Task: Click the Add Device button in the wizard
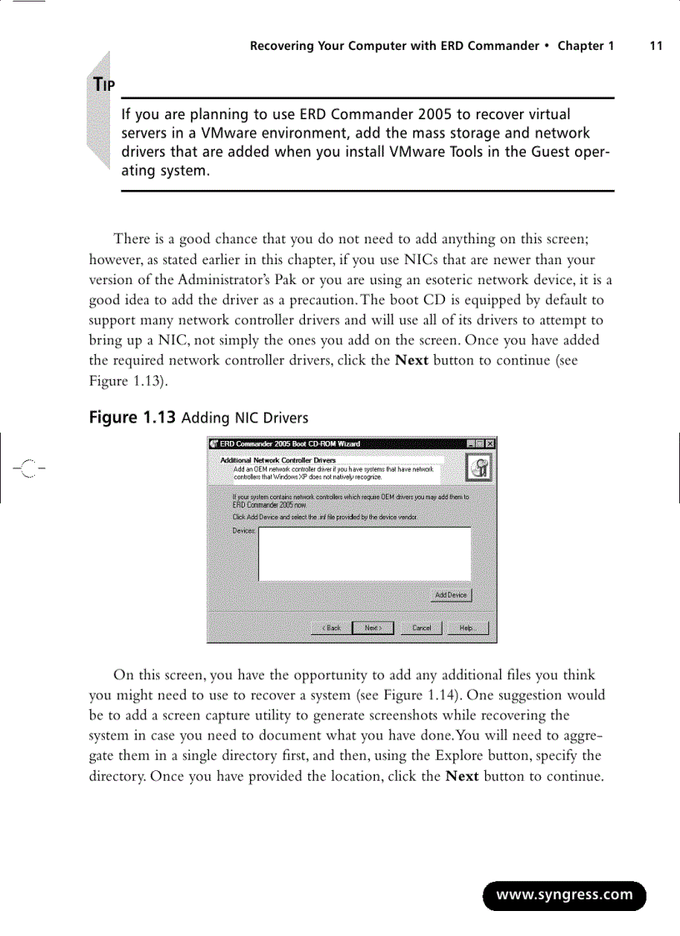(452, 595)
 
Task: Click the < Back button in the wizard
(331, 628)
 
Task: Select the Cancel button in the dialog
(422, 628)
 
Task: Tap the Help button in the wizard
(467, 628)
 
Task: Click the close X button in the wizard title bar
(490, 443)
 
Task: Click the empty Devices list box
(364, 554)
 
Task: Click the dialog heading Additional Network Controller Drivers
(277, 460)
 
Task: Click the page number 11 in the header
(656, 46)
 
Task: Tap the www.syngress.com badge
(564, 895)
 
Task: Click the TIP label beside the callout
(104, 85)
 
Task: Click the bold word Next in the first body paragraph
(412, 361)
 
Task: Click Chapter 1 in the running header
(585, 46)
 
